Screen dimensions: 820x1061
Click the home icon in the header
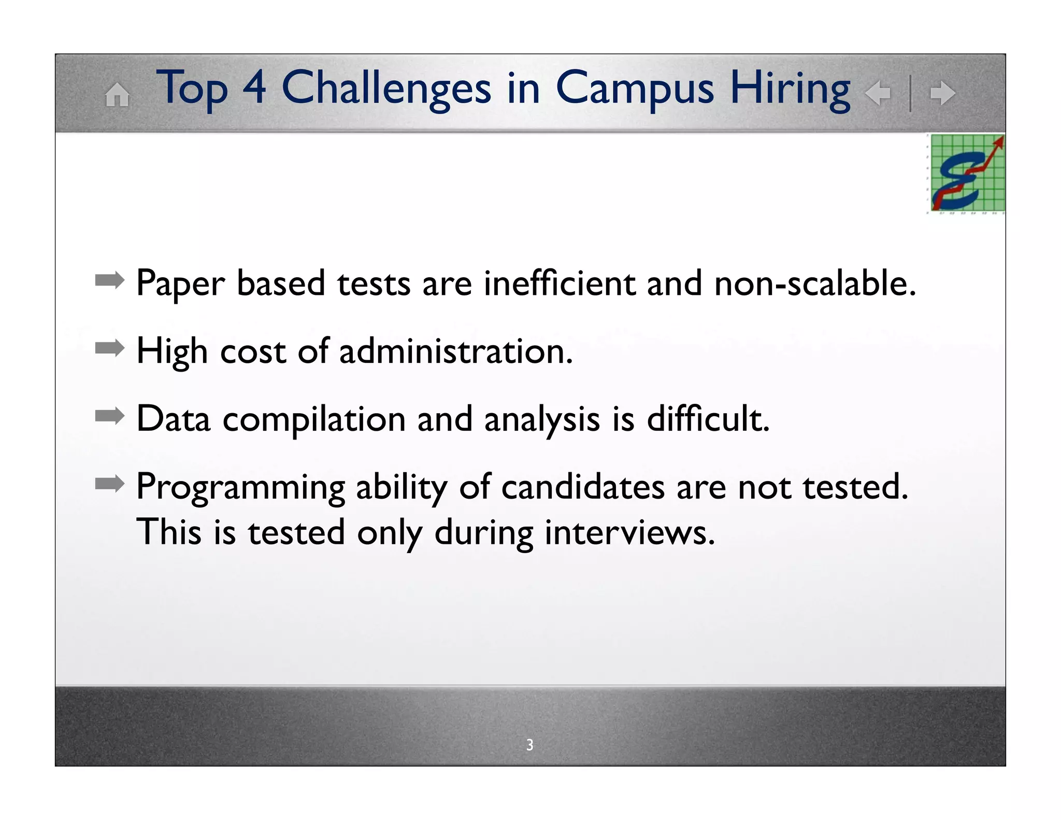coord(117,95)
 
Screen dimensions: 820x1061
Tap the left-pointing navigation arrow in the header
coord(878,93)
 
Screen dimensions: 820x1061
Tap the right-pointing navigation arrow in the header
coord(942,93)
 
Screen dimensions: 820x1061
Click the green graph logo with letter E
coord(967,173)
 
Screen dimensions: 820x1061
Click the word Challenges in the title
coord(386,88)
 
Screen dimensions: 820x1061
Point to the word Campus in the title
coord(635,89)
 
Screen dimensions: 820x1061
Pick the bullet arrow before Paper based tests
coord(109,281)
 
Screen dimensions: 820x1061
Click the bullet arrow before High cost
coord(109,348)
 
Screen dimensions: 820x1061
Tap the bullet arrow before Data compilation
coord(109,416)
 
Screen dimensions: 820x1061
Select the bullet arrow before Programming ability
coord(109,484)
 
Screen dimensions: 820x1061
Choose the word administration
coord(456,351)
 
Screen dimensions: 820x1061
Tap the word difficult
coord(708,418)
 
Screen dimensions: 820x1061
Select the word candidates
coord(582,487)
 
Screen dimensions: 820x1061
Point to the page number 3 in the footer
coord(529,744)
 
